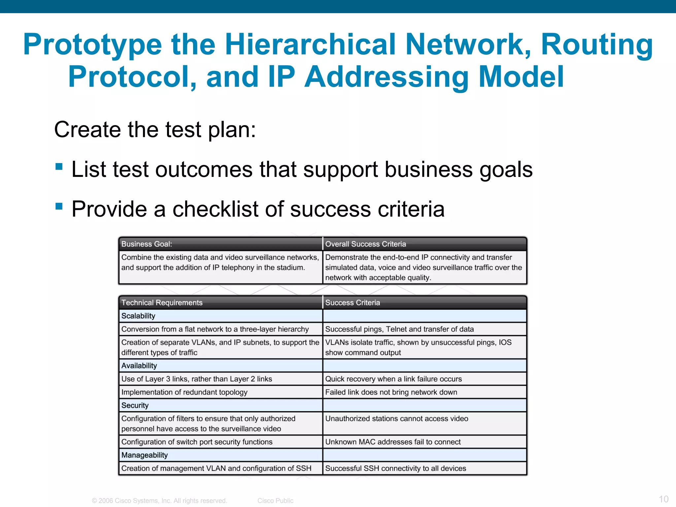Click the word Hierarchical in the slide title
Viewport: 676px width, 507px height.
pos(310,44)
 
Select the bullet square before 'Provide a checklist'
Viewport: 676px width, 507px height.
pos(59,206)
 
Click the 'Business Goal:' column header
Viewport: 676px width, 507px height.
pos(147,244)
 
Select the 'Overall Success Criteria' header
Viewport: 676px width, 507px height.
pos(365,244)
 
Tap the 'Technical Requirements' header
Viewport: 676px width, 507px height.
pos(162,303)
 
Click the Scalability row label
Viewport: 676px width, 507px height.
pos(138,316)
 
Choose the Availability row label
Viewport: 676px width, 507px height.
pos(139,366)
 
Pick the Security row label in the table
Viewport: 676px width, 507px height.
pos(135,405)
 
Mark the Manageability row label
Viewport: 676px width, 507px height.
pos(145,455)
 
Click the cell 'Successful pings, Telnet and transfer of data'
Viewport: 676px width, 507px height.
pos(399,329)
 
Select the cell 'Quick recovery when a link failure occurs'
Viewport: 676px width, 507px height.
pos(393,379)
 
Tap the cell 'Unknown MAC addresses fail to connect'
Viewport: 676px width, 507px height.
pos(393,442)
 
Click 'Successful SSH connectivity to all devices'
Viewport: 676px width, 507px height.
pos(395,468)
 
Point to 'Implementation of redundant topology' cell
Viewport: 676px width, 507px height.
pos(184,392)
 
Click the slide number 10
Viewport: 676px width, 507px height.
pos(663,499)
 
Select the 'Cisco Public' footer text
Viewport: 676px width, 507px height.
pos(275,501)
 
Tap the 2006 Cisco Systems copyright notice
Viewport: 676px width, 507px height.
pos(159,501)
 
